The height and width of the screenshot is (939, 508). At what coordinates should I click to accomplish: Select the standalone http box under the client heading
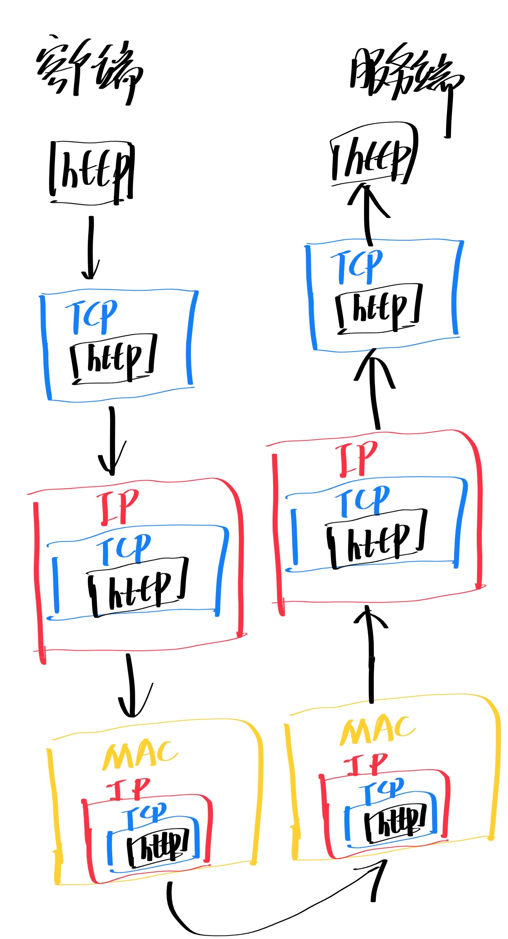[x=92, y=173]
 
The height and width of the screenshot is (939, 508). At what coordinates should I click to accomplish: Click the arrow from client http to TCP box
[x=90, y=248]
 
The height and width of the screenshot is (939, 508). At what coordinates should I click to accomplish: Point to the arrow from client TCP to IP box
[x=112, y=441]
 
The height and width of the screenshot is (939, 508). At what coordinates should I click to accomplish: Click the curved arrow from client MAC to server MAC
[x=255, y=920]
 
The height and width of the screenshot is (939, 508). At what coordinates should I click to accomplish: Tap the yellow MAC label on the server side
[x=378, y=731]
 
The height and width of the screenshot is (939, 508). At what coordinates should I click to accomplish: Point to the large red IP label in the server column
[x=358, y=459]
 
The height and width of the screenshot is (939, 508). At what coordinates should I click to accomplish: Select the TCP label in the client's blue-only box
[x=92, y=317]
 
